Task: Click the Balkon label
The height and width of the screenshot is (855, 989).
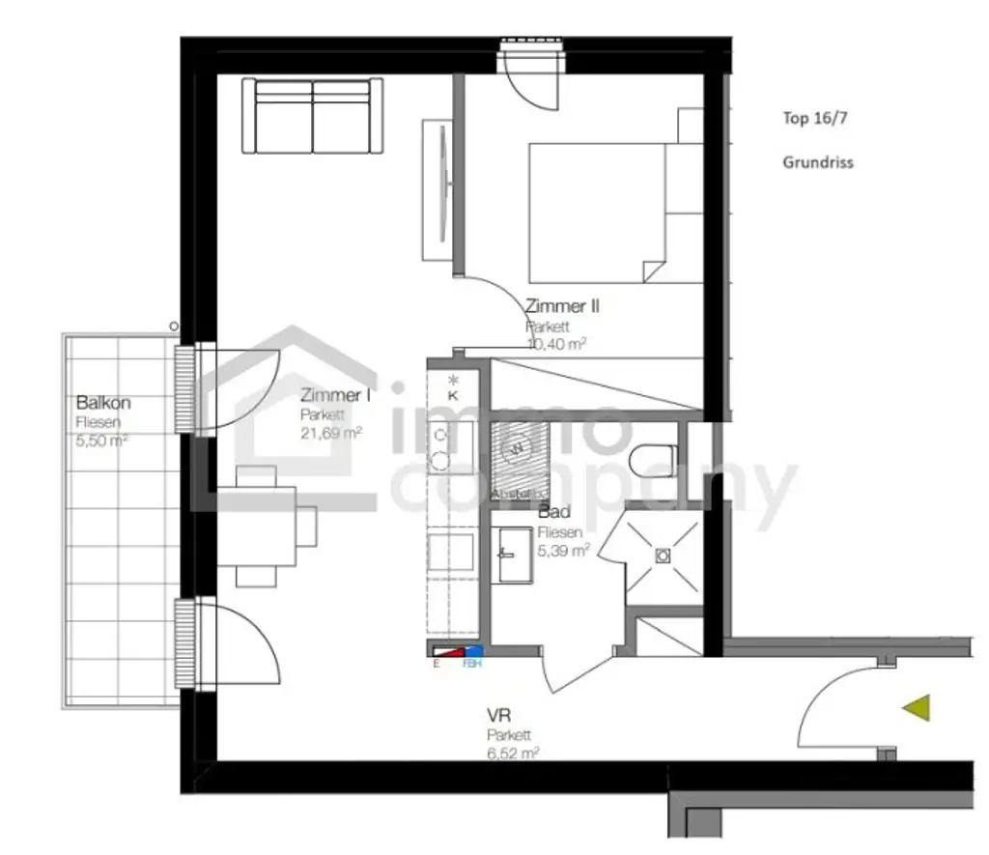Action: coord(102,402)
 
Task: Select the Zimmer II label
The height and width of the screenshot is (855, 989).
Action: coord(562,306)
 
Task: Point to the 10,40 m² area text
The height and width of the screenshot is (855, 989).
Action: coord(556,343)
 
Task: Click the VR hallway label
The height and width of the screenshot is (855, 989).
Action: coord(498,716)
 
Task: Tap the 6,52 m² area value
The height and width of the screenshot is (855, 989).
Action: coord(513,752)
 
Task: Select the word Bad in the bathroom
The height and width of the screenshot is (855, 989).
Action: coord(553,512)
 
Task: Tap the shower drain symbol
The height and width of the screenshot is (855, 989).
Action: coord(663,556)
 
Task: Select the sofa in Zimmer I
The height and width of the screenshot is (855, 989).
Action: coord(313,116)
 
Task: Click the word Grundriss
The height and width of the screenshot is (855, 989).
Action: coord(817,162)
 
